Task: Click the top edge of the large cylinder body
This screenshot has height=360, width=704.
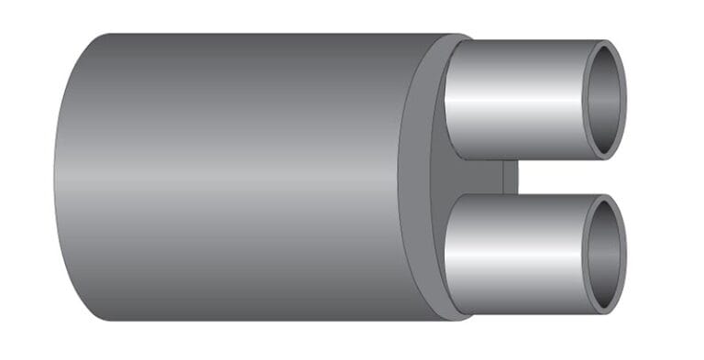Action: [x=257, y=36]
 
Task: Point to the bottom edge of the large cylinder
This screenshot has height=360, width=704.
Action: [x=257, y=319]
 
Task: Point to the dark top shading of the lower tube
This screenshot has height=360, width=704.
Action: [x=513, y=202]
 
